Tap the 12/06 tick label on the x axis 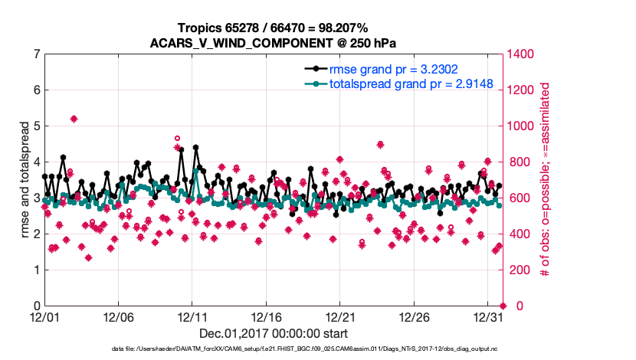[x=118, y=317]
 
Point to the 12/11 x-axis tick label [x=192, y=317]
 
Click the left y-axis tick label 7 [x=36, y=54]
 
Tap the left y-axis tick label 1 [x=36, y=270]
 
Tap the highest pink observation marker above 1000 [x=74, y=119]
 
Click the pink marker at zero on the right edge [x=503, y=306]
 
